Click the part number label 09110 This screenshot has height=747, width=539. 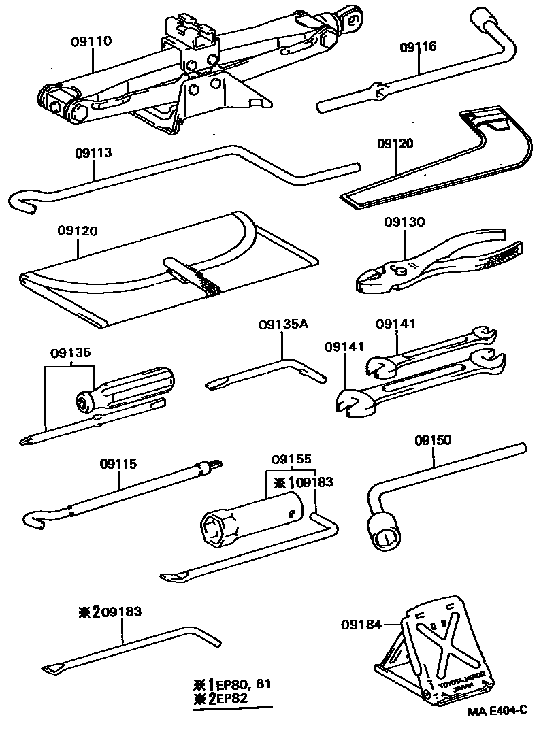[91, 41]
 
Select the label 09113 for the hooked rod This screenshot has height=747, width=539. [93, 153]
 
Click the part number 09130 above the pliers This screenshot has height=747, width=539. [404, 222]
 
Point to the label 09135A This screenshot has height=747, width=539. [283, 325]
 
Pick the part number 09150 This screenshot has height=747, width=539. [433, 440]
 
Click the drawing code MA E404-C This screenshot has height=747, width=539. [497, 712]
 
